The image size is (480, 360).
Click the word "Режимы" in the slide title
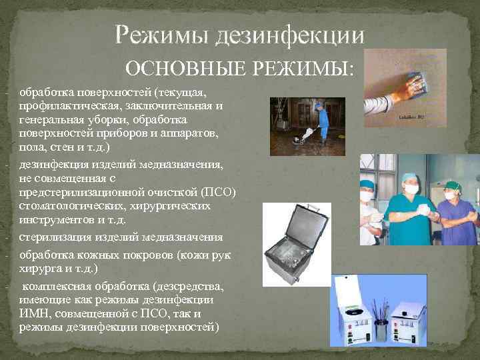(x=161, y=35)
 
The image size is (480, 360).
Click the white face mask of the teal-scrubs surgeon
(x=411, y=189)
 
